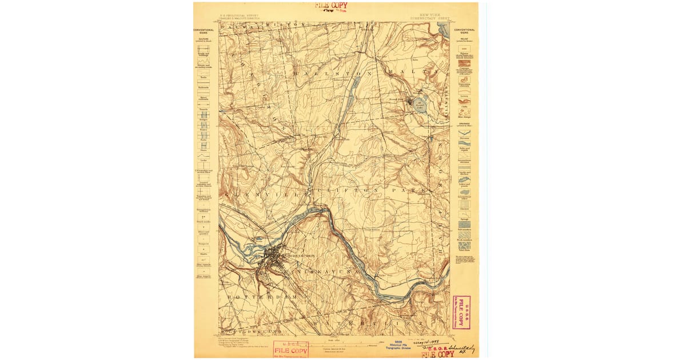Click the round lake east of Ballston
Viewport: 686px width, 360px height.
point(420,104)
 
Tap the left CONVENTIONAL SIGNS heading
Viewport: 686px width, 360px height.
point(204,31)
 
